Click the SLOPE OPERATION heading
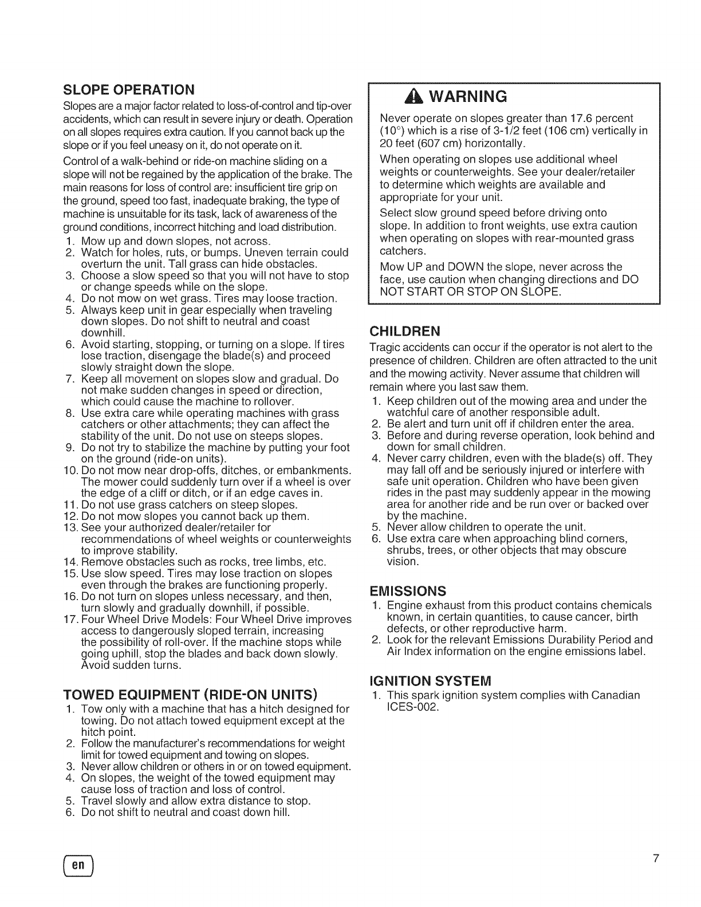coord(129,90)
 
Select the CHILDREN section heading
coord(405,332)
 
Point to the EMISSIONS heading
coord(408,590)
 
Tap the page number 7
coord(656,858)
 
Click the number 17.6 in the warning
coord(580,119)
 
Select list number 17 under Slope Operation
coord(71,620)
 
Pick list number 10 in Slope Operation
coord(71,471)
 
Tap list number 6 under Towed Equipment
coord(71,812)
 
